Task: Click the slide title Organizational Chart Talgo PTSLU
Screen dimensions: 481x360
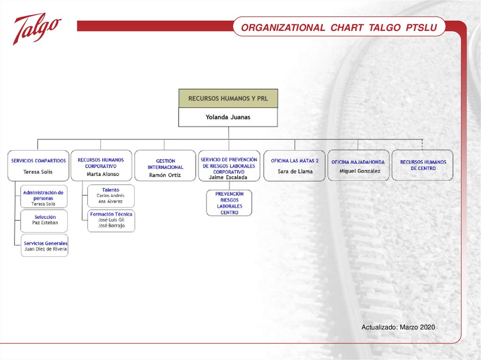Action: (x=339, y=28)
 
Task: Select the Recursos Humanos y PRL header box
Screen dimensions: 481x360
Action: (x=228, y=99)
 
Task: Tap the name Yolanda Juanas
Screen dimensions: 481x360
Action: (x=228, y=117)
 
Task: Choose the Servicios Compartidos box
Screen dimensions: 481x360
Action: (x=39, y=166)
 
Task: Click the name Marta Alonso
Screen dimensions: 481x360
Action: (x=103, y=174)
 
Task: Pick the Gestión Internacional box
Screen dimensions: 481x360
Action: (x=165, y=166)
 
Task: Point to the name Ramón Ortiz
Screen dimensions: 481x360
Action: (x=165, y=175)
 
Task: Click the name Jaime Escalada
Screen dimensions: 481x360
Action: (x=228, y=177)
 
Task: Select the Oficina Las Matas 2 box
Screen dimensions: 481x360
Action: (x=295, y=166)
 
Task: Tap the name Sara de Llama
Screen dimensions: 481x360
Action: (x=295, y=171)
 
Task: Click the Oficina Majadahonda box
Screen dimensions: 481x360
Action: (x=358, y=165)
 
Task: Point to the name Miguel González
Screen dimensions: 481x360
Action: (x=360, y=171)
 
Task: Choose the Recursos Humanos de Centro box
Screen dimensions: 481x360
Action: (x=423, y=165)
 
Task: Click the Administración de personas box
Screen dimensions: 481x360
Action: (x=44, y=197)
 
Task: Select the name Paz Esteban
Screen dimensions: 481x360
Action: (x=45, y=222)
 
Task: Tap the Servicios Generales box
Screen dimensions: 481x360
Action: (x=45, y=245)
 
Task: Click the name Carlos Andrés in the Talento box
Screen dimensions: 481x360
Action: (x=110, y=196)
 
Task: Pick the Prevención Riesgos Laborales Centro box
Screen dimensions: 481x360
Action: (x=229, y=203)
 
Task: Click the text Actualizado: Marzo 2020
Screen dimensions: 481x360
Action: (x=398, y=327)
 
